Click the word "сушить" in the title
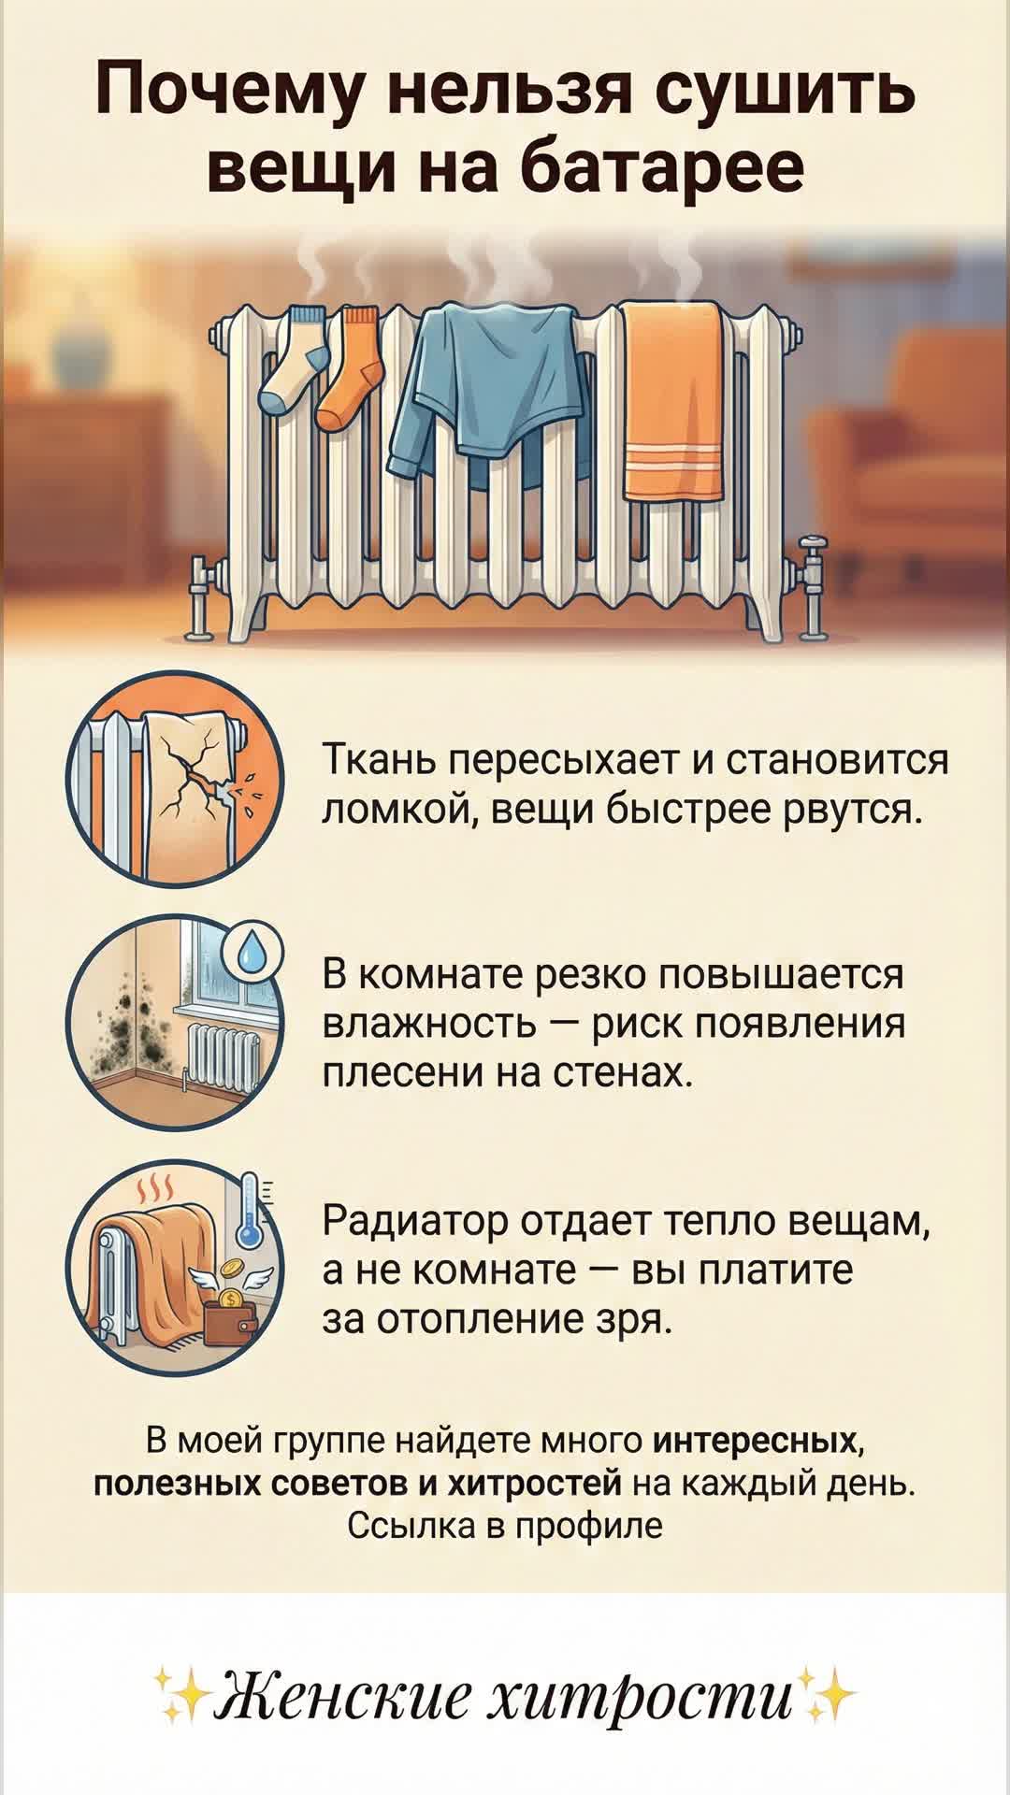(784, 91)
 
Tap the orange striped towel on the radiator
(673, 402)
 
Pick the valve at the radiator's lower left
(198, 594)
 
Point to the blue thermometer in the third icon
(250, 1212)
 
